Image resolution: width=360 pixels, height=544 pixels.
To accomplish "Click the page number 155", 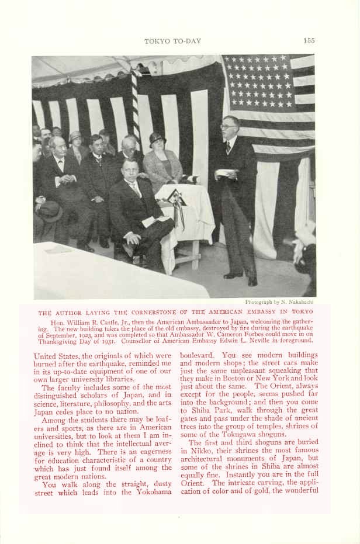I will pos(309,40).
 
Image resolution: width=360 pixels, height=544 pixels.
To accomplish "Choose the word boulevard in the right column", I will pos(198,354).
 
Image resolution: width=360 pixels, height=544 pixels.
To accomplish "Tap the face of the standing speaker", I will pos(229,127).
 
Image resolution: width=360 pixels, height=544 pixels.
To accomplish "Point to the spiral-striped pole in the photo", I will pos(137,105).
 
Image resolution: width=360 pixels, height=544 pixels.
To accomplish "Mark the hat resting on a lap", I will pos(49,211).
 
